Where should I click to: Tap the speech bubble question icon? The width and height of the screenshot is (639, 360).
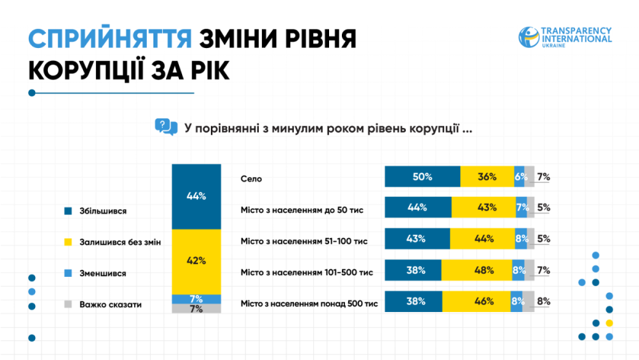click(166, 127)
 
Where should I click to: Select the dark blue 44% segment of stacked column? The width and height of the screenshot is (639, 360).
click(196, 196)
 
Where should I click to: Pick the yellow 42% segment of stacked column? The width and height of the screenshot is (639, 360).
click(196, 261)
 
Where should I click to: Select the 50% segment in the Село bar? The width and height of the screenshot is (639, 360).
click(422, 176)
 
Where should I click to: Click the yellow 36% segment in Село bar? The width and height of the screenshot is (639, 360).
click(487, 176)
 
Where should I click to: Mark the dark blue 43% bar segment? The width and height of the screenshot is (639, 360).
click(417, 239)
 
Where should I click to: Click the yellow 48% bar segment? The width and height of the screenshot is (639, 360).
click(476, 270)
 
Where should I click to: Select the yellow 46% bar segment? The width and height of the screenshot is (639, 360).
click(476, 301)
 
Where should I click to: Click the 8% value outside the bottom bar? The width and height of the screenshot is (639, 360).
click(544, 301)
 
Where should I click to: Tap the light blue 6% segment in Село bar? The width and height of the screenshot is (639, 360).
click(520, 176)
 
